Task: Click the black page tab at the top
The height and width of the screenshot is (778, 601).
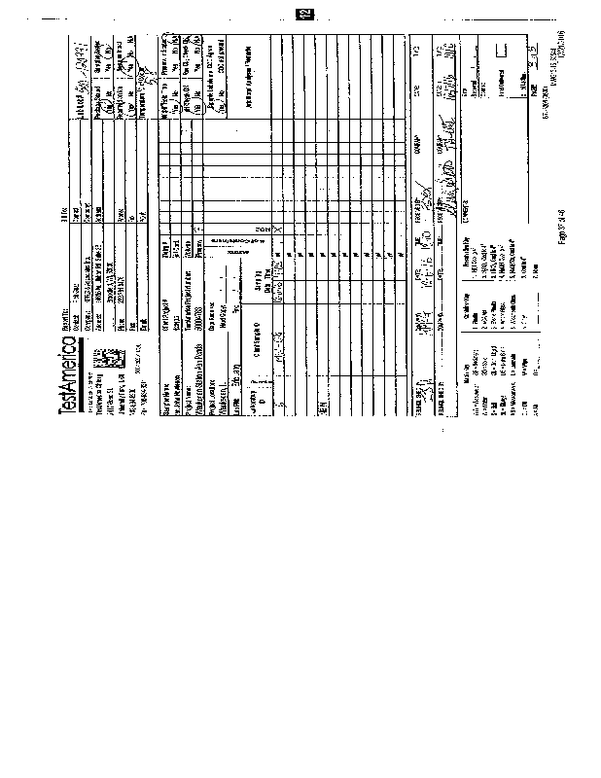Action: point(304,14)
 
